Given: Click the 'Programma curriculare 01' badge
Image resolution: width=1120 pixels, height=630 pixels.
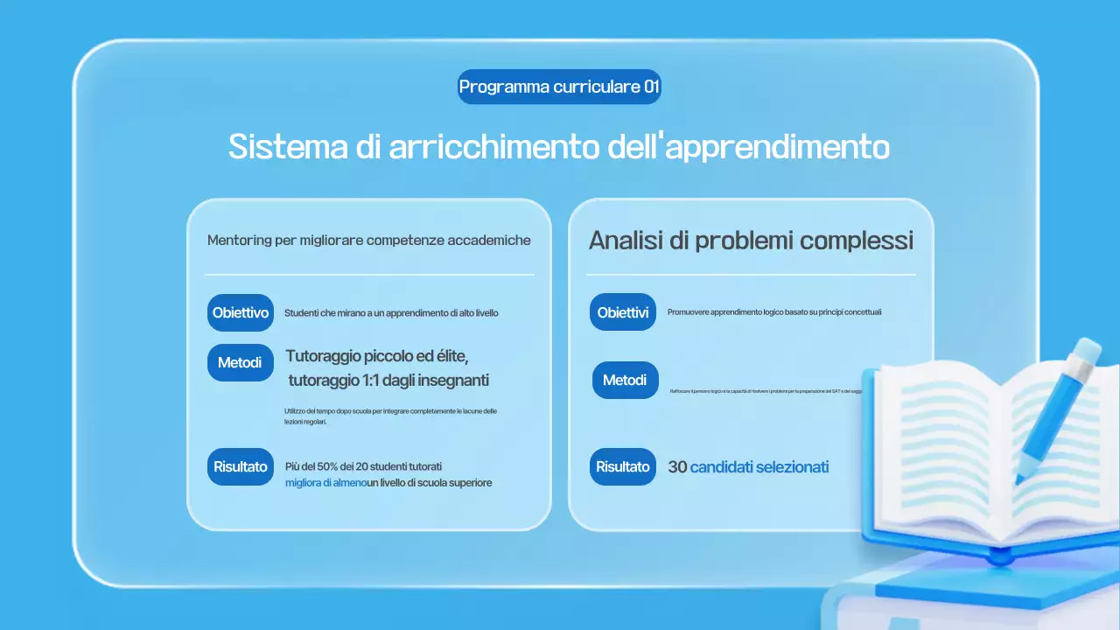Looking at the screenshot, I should (559, 87).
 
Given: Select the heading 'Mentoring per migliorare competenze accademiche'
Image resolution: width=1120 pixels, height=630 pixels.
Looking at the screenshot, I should (368, 240).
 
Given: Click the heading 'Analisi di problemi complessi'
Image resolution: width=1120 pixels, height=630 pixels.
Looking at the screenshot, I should (751, 241).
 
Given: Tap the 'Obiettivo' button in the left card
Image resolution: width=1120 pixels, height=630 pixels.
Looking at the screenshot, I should (241, 312).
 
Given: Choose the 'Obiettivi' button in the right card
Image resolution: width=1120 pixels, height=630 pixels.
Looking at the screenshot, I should (622, 312).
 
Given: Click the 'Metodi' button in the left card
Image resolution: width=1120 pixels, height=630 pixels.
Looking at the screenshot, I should (240, 362).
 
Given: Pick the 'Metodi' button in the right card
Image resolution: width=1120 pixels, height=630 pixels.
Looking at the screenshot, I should (625, 380).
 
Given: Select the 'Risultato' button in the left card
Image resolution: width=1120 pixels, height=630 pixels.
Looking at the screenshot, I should (241, 466).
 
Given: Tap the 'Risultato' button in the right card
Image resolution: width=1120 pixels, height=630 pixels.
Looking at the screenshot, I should (622, 466).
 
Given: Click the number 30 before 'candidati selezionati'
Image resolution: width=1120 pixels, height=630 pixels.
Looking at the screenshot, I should (677, 467).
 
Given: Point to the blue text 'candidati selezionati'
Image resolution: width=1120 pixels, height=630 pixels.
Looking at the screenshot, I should (759, 467).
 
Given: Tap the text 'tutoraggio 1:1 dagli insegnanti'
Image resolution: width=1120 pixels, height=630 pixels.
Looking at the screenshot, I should (388, 381).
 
